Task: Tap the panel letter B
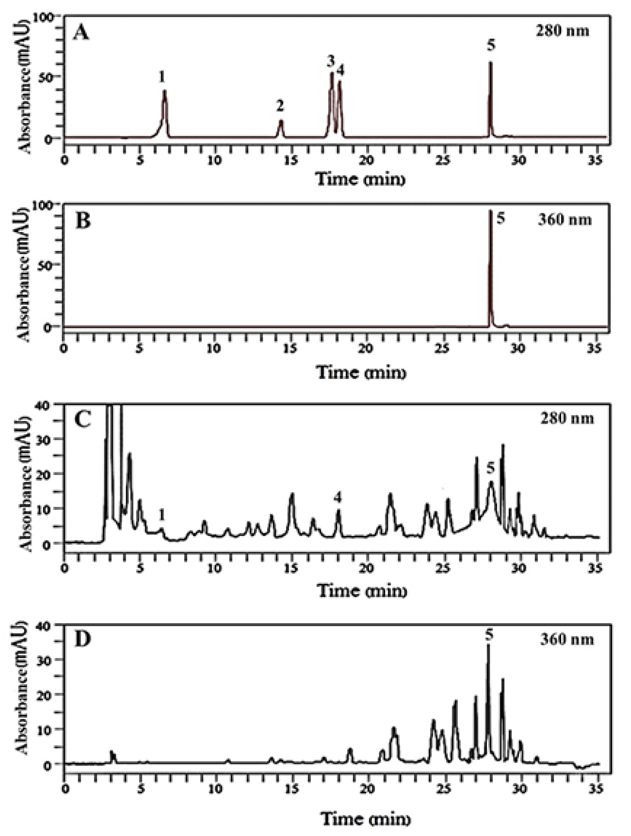coord(83,220)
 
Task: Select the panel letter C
coord(83,419)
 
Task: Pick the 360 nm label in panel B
coord(565,220)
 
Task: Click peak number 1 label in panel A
coord(162,77)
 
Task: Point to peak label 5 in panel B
coord(501,219)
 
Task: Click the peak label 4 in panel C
coord(337,498)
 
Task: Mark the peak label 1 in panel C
coord(162,514)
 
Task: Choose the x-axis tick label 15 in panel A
coord(290,161)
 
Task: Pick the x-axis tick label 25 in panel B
coord(442,349)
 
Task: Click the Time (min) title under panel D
coord(365,819)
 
